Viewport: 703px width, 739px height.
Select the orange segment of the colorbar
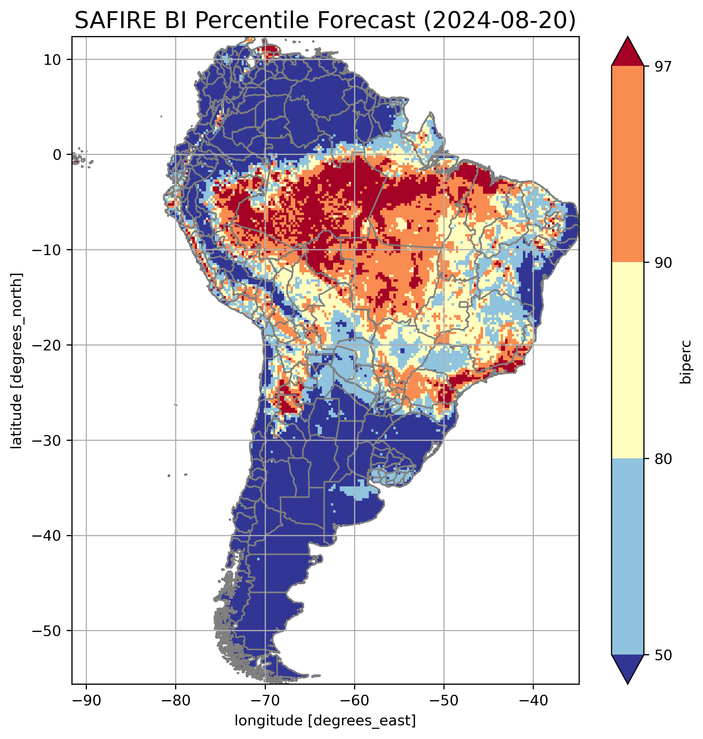pos(627,164)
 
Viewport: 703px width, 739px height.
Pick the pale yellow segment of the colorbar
pos(627,360)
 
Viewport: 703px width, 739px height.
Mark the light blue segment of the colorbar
pos(627,557)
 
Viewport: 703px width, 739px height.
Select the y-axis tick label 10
pos(53,60)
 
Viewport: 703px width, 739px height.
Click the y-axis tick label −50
pos(47,631)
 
